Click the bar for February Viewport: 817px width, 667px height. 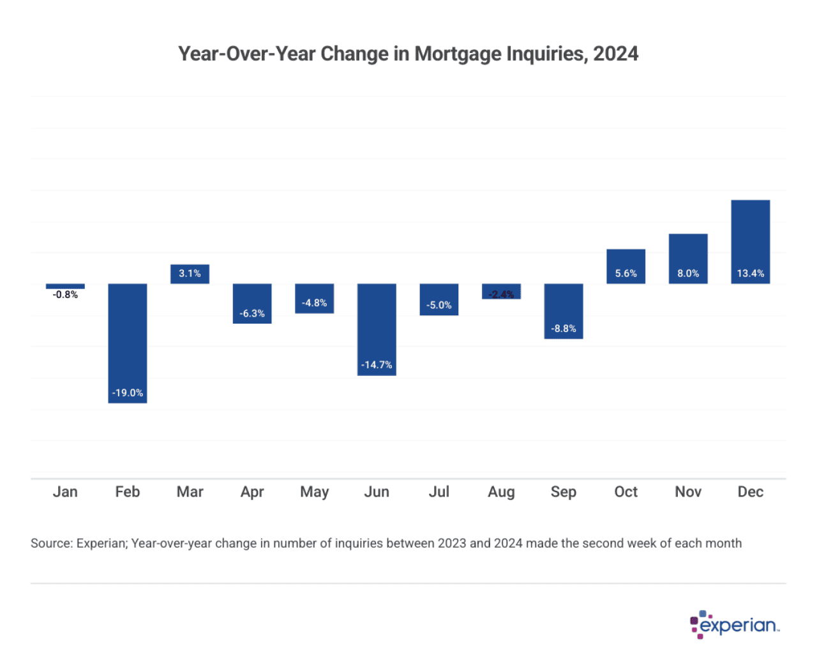pos(128,343)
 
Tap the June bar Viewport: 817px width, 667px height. pos(377,329)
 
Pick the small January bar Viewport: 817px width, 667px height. pos(65,286)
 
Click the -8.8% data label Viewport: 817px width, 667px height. pos(564,329)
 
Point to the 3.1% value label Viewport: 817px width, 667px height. pos(190,273)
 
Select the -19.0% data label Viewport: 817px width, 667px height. pos(128,393)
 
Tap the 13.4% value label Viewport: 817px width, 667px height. pos(750,273)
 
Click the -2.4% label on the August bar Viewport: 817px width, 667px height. pos(501,294)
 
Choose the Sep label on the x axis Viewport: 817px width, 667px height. pos(564,491)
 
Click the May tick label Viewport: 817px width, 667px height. pos(314,491)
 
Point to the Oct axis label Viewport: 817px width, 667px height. pos(626,491)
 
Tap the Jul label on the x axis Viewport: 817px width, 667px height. pos(439,491)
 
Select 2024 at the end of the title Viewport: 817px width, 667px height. pos(615,54)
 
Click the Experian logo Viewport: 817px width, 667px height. pos(735,624)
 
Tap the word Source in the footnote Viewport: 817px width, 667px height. pos(50,543)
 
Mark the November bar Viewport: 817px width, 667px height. pos(688,259)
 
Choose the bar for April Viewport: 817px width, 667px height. pos(252,303)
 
